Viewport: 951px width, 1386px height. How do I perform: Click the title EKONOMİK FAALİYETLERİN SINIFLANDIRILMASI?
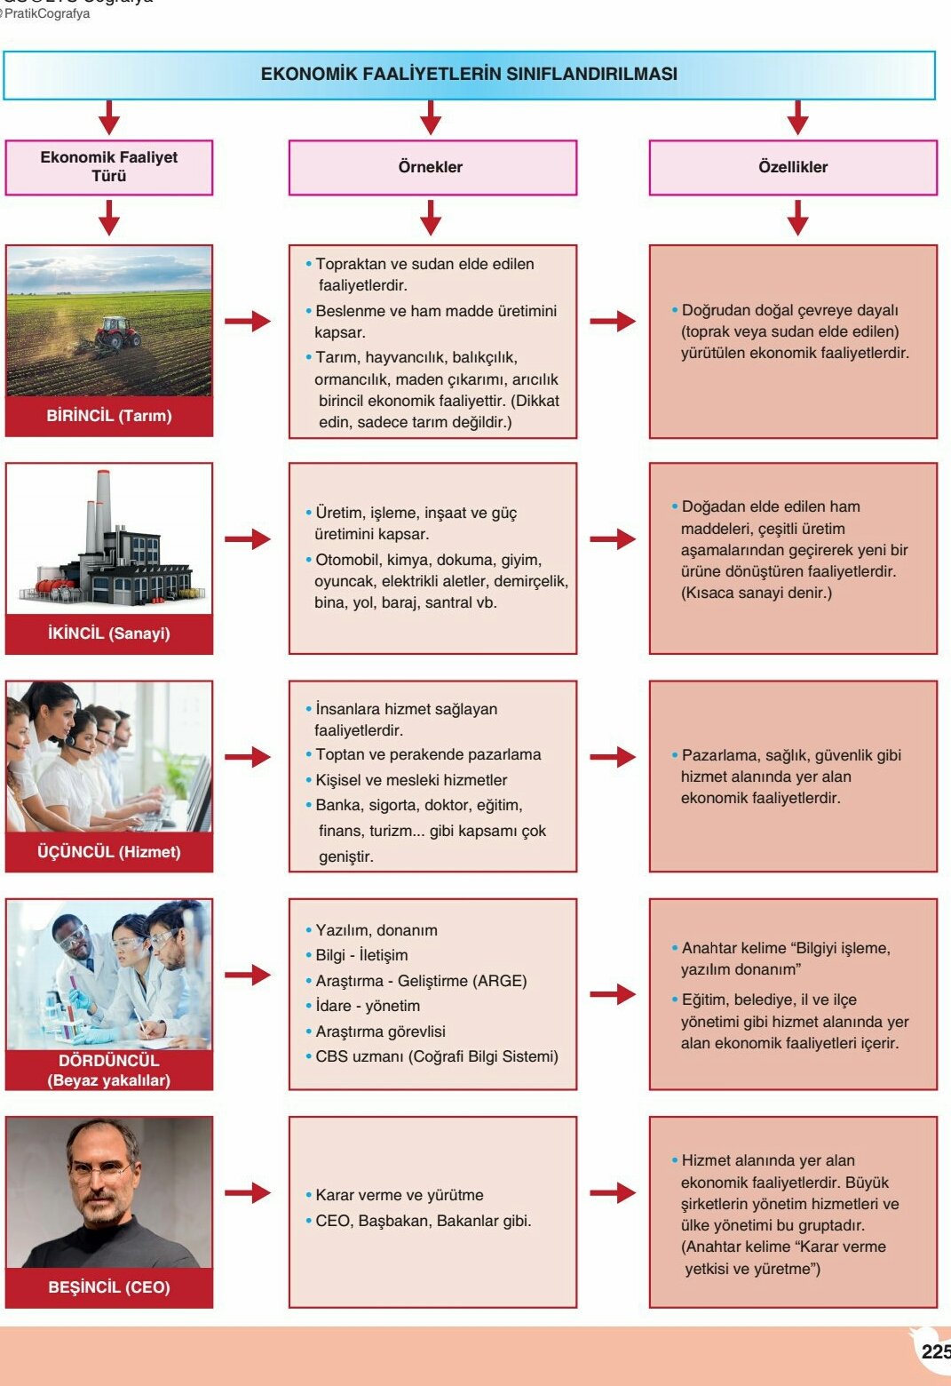click(x=469, y=74)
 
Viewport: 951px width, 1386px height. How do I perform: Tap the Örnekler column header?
click(x=431, y=167)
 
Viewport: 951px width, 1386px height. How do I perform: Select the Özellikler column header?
click(x=793, y=167)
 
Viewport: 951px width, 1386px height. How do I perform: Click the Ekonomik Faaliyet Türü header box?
click(x=109, y=167)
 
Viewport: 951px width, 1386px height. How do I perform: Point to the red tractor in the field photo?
click(x=118, y=332)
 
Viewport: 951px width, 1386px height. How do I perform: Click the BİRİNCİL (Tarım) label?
click(x=109, y=416)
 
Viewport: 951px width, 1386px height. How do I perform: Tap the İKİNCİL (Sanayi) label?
click(x=109, y=633)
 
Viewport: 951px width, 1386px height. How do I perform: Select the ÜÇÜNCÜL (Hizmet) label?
click(x=109, y=852)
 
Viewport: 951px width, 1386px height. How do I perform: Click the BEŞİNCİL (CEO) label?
click(x=109, y=1287)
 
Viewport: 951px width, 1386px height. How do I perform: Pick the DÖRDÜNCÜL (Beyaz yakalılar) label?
click(x=109, y=1070)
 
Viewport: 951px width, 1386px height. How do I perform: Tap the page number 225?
click(x=936, y=1351)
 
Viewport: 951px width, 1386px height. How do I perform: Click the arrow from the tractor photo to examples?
click(x=248, y=321)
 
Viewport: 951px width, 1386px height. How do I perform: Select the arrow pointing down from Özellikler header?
click(x=797, y=218)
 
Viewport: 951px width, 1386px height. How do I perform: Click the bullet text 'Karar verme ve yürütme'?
click(x=399, y=1195)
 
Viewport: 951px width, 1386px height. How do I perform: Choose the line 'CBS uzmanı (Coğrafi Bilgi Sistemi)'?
click(x=436, y=1056)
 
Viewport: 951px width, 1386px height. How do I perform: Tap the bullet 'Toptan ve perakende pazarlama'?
click(x=428, y=754)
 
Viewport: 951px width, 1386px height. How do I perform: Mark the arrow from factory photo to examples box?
click(x=248, y=538)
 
